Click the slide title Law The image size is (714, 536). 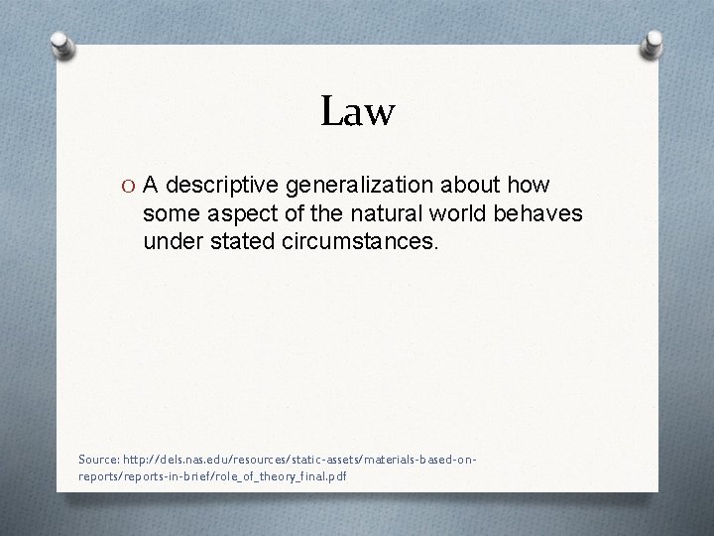tap(358, 111)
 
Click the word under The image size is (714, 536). tap(171, 240)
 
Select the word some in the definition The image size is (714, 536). tap(170, 213)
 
